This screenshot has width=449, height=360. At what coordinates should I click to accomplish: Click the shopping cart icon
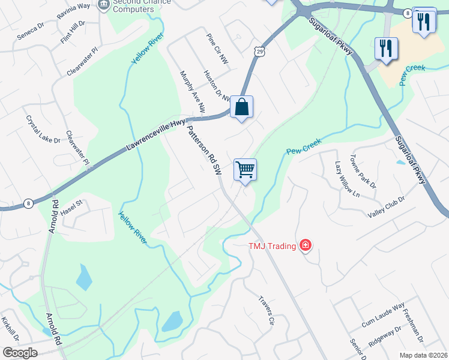(245, 169)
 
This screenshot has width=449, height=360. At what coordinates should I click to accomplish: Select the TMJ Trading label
(274, 245)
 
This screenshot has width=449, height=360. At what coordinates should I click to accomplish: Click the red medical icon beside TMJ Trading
(306, 245)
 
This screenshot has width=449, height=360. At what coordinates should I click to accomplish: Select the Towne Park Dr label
(365, 172)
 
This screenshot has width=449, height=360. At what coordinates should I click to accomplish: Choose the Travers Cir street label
(267, 310)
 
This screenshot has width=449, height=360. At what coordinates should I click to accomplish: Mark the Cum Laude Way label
(383, 316)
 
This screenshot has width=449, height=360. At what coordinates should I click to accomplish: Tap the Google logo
(20, 353)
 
